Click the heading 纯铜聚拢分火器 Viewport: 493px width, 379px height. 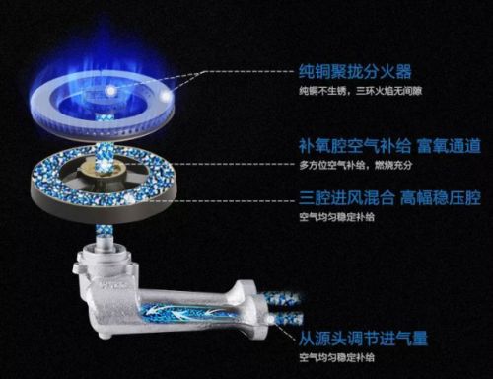[x=355, y=72]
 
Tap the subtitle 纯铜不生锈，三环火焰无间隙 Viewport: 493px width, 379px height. [x=360, y=91]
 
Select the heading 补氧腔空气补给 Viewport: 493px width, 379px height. [x=355, y=146]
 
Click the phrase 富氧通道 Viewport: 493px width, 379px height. [x=449, y=146]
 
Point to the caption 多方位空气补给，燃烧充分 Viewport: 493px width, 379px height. [x=355, y=165]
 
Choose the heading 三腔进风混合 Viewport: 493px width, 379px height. [x=347, y=198]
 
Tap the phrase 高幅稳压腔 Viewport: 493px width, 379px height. [x=441, y=198]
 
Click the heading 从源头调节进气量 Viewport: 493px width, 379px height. [x=363, y=339]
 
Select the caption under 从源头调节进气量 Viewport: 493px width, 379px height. [x=336, y=357]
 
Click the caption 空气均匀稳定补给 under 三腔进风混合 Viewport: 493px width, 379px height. [x=336, y=217]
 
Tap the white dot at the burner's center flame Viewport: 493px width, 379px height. [x=110, y=90]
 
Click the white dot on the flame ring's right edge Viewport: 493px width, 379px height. [x=167, y=96]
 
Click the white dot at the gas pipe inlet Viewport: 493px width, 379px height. [x=272, y=319]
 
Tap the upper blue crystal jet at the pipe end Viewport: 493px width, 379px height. [x=286, y=298]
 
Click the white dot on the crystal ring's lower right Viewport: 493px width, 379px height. [x=130, y=198]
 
